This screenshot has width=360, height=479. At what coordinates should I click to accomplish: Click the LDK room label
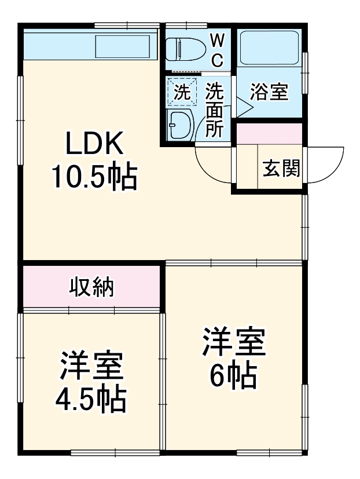click(x=94, y=144)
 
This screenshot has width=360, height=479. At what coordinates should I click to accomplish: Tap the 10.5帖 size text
click(x=94, y=177)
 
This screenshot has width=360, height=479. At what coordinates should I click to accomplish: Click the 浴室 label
click(x=269, y=92)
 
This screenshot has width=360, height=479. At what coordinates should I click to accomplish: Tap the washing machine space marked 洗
click(x=182, y=92)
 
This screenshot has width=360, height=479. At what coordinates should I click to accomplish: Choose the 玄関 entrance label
click(x=281, y=168)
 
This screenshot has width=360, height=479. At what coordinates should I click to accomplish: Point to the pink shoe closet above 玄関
click(x=269, y=134)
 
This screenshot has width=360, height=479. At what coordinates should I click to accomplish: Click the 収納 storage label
click(x=91, y=287)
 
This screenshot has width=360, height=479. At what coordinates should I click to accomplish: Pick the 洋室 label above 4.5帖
click(x=91, y=365)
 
